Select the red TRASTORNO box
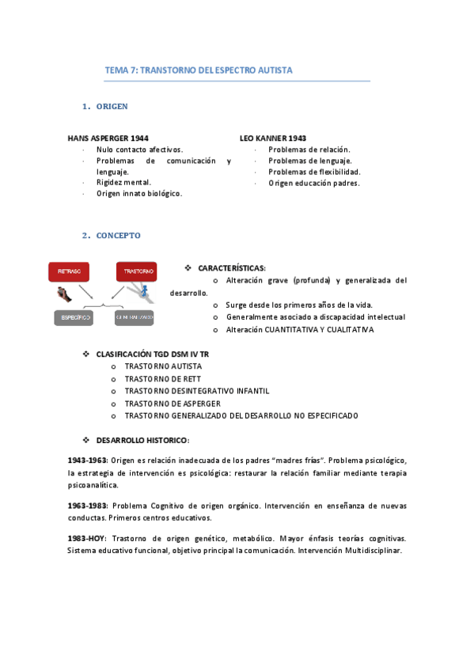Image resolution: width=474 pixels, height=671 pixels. [x=136, y=271]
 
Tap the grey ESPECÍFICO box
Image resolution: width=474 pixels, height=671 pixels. [x=73, y=317]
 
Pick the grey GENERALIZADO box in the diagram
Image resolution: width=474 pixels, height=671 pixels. [x=134, y=317]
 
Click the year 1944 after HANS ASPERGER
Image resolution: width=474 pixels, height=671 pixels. [x=138, y=138]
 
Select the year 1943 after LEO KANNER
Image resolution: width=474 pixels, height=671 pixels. [x=297, y=138]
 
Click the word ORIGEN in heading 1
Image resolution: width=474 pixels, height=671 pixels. [x=112, y=106]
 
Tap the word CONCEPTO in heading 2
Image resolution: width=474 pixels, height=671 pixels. [x=119, y=236]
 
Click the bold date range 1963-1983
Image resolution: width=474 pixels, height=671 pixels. [x=88, y=505]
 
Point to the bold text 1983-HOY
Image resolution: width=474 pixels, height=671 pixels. [x=85, y=538]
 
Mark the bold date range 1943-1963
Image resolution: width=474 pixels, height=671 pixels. [x=88, y=460]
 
